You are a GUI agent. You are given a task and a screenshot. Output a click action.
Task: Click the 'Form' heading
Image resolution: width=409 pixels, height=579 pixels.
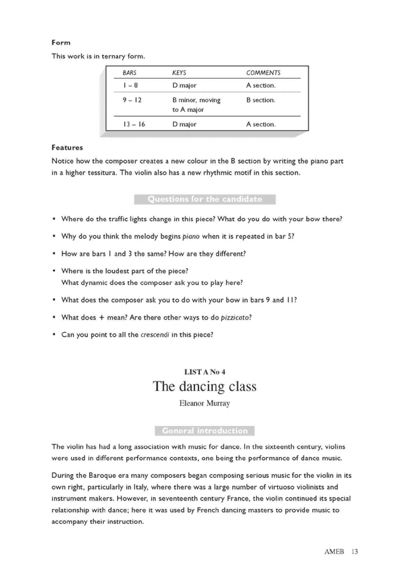tap(61, 43)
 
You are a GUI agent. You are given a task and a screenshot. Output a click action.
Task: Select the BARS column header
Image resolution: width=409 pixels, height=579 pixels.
tap(129, 73)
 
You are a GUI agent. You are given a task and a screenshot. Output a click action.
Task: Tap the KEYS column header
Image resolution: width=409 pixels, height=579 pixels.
tap(179, 73)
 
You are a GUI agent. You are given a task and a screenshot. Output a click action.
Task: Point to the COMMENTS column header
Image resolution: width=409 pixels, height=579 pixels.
tap(263, 73)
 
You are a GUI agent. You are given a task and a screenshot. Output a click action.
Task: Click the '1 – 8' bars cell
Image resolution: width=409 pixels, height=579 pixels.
tap(130, 86)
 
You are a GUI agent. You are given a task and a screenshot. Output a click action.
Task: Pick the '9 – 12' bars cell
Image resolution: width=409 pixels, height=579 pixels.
tap(132, 100)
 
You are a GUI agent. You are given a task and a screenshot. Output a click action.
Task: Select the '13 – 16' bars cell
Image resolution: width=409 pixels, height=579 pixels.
tap(134, 124)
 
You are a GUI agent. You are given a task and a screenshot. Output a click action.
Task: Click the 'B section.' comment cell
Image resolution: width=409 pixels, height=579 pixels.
tap(261, 100)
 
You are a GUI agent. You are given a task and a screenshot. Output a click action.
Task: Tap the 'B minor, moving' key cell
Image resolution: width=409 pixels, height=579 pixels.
tap(196, 100)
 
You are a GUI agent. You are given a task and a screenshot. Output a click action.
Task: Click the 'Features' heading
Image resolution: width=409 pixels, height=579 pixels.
tap(67, 148)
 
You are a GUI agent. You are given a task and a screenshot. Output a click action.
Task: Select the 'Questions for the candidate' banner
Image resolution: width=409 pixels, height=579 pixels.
tap(205, 199)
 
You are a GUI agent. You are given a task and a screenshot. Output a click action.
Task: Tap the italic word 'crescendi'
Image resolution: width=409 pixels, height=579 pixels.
tap(155, 335)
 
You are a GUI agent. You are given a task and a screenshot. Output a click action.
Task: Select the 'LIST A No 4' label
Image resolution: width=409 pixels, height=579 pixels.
tap(205, 372)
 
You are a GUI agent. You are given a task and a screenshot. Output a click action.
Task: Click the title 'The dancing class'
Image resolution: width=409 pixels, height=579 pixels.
tap(205, 386)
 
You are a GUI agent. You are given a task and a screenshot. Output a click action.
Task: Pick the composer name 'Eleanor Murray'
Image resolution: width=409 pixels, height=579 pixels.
tap(205, 403)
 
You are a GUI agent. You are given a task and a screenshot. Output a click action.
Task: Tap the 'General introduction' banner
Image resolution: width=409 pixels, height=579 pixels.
tap(205, 431)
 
